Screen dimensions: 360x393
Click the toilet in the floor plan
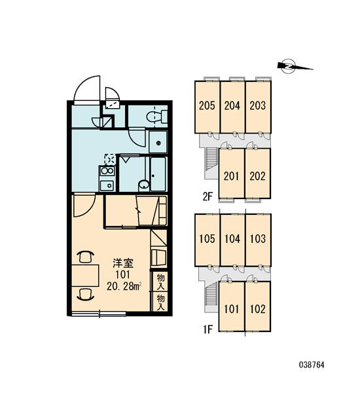coord(157,117)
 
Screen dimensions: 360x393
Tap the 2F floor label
coord(207,196)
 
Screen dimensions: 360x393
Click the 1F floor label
coord(208,329)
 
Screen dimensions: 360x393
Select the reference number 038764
coord(312,365)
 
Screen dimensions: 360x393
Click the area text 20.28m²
coord(124,286)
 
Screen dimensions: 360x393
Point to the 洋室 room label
coord(123,263)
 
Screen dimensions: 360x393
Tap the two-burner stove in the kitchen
coord(107,171)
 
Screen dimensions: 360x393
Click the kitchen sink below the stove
coord(107,185)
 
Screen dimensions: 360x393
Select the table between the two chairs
coord(85,275)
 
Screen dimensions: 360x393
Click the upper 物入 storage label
coord(160,282)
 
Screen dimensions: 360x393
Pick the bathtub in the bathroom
coord(158,174)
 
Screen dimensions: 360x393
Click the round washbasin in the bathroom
coord(144,185)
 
